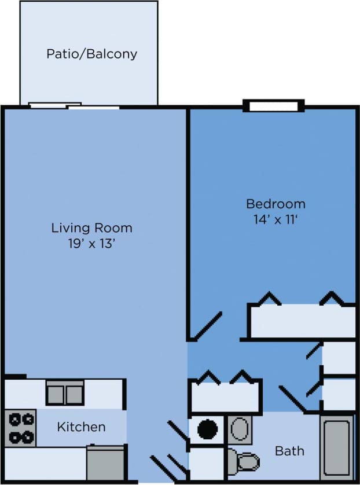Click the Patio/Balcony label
tap(92, 54)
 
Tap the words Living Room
tap(91, 227)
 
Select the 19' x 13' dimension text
tap(91, 244)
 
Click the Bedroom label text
tap(275, 204)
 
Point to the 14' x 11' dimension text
tap(275, 220)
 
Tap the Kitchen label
tap(81, 427)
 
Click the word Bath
tap(289, 450)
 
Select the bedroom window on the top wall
tap(273, 106)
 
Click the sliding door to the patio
tap(74, 106)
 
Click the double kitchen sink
tap(65, 394)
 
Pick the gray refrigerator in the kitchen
tap(106, 463)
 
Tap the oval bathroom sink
tap(238, 429)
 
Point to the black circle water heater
tap(207, 429)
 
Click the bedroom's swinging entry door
tap(205, 326)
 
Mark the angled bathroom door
tap(292, 399)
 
